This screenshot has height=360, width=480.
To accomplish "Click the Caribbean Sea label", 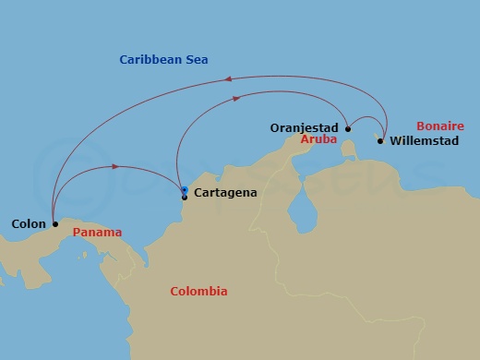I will coord(163,60).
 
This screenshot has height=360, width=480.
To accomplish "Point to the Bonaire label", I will coord(439,126).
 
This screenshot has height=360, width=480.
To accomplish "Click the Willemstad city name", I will coord(424,141).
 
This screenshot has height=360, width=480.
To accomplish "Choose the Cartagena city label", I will coord(225,193).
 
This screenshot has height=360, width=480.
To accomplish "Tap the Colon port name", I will coord(29,223).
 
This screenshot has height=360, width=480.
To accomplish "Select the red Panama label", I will coord(97,233).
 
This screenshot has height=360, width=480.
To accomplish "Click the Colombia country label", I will coord(198,292).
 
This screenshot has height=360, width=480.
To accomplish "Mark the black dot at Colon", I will coord(55,223).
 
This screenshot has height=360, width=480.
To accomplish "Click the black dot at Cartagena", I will coord(185,197).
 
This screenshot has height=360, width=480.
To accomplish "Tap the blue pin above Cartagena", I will coord(185,189).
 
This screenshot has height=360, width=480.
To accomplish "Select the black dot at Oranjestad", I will coord(348,129).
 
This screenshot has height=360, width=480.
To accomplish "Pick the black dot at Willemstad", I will coord(380,141).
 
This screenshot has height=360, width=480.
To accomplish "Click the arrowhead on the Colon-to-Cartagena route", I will coord(114,166).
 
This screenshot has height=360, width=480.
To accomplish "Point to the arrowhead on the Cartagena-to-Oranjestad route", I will coord(237,97).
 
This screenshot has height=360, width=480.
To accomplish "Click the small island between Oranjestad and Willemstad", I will coord(349,147).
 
